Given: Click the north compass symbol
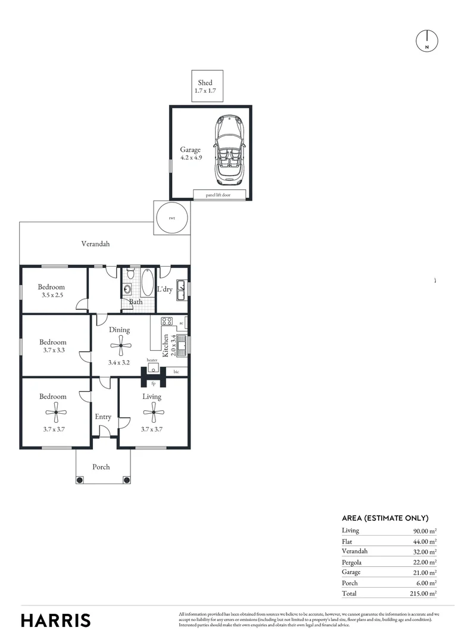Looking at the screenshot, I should (x=426, y=40).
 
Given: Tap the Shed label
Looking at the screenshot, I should (x=205, y=83).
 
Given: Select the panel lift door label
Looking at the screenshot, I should (x=218, y=194).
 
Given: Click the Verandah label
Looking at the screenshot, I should (x=95, y=244).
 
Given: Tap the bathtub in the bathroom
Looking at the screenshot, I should (x=147, y=282).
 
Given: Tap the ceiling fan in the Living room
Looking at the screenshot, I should (x=154, y=411).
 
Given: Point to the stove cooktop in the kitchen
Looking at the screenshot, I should (x=167, y=321).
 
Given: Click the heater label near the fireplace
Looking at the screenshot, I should (x=152, y=360).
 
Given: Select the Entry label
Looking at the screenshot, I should (x=103, y=417).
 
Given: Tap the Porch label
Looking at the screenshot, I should (x=101, y=467).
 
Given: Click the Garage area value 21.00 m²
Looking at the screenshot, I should (x=425, y=572).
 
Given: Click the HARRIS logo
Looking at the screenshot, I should (x=56, y=620).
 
